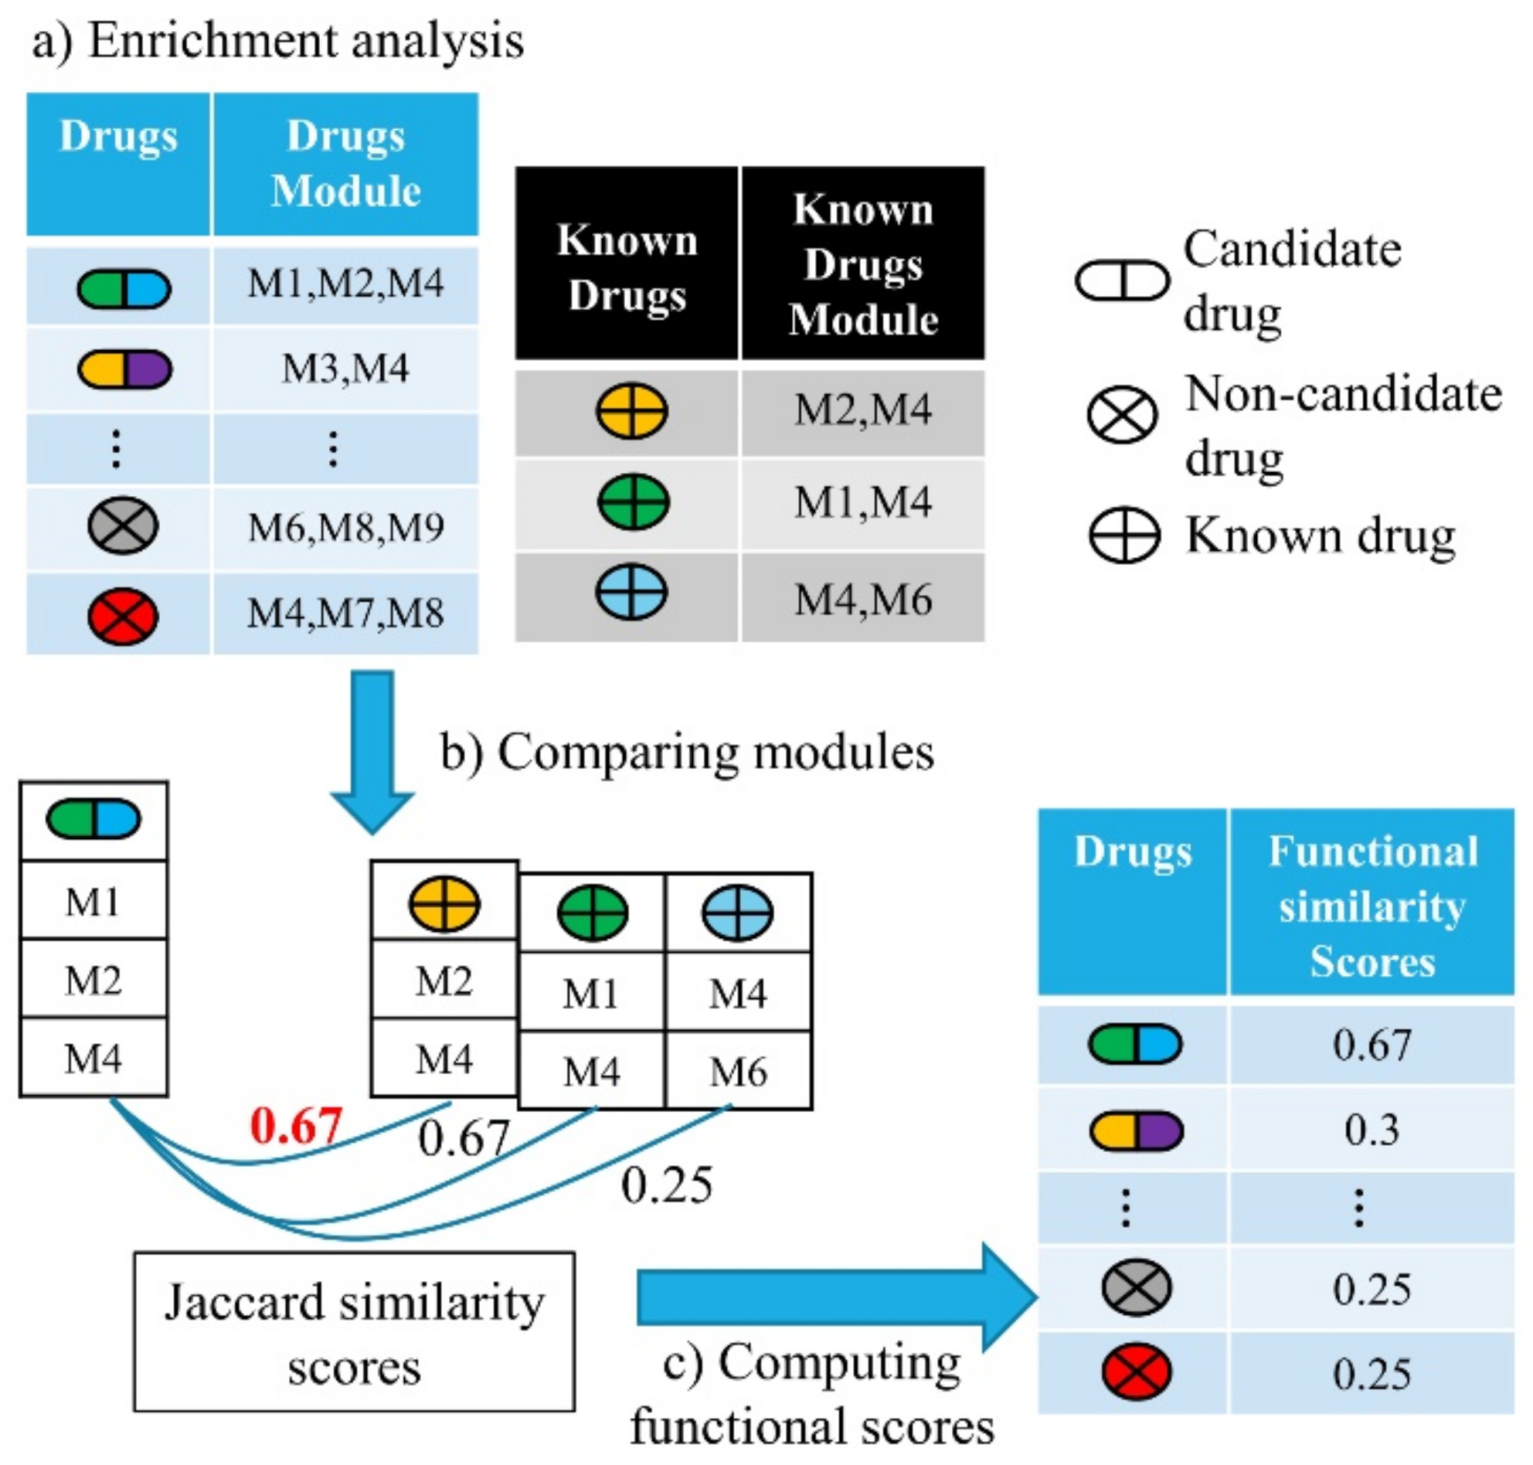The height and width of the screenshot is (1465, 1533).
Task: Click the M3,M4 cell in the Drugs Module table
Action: coord(345,369)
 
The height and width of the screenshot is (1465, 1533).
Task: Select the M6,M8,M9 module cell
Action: coord(345,528)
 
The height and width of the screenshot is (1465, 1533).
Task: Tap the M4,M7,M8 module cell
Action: coord(345,613)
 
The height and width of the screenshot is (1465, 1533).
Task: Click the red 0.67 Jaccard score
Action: coord(296,1125)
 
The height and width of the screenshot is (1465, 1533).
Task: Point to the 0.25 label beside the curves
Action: coord(666,1185)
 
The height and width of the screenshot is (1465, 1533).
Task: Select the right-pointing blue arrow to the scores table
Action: coord(835,1297)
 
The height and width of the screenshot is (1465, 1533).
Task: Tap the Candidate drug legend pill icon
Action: coord(1121,280)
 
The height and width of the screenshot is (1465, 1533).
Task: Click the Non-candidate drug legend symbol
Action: coord(1121,414)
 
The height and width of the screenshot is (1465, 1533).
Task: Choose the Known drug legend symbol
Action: coord(1123,535)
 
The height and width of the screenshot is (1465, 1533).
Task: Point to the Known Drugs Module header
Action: coord(862,263)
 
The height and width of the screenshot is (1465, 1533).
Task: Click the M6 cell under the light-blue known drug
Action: coord(738,1071)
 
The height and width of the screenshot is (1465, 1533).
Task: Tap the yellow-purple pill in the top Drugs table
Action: coord(124,369)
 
